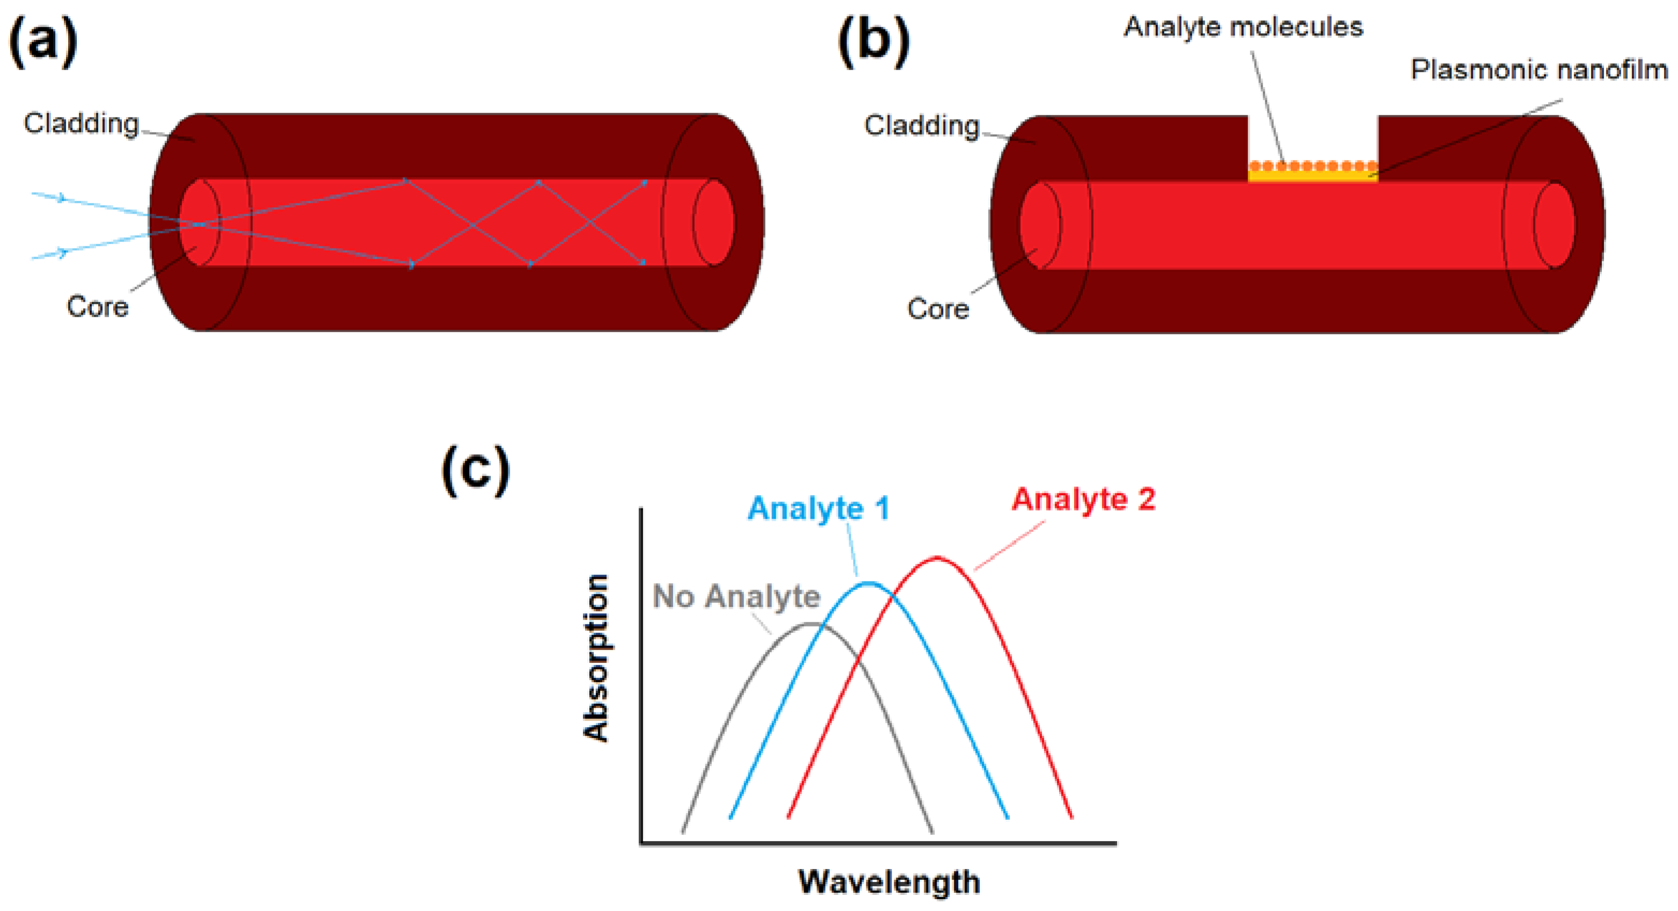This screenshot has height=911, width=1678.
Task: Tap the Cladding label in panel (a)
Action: (x=82, y=123)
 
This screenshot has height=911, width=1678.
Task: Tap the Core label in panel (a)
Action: (x=98, y=307)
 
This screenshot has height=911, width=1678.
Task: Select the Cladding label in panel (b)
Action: (x=922, y=125)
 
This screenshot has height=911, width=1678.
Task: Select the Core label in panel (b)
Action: (x=938, y=308)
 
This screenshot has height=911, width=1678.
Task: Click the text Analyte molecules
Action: (x=1243, y=27)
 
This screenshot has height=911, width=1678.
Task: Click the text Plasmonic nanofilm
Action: (x=1538, y=69)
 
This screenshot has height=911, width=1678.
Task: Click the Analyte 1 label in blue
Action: (x=819, y=508)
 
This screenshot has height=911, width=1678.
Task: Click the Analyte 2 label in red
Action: (x=1083, y=499)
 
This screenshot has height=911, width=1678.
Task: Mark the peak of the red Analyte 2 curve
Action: (x=937, y=558)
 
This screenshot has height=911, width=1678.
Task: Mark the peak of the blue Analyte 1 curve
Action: (x=869, y=582)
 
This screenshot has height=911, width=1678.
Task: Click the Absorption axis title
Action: (x=595, y=658)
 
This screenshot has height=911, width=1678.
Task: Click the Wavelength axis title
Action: (x=889, y=881)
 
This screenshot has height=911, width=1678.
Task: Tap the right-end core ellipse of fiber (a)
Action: (x=713, y=222)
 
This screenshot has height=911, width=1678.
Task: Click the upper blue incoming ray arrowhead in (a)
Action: (x=62, y=198)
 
